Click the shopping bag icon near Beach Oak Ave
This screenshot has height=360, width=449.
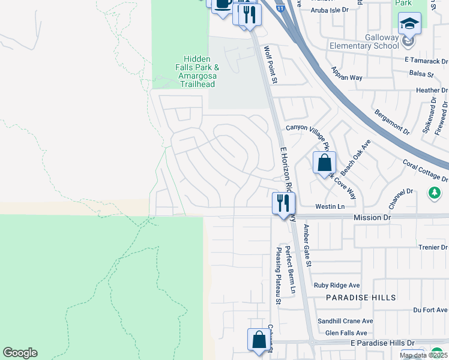click(x=324, y=163)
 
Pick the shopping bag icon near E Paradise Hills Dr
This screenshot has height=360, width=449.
click(x=259, y=340)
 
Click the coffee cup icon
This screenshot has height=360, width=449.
click(x=223, y=3)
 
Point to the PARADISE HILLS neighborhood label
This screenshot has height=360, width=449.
click(x=361, y=298)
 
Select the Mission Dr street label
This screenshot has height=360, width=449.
click(x=372, y=217)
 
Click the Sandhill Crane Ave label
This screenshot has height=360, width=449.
click(x=345, y=321)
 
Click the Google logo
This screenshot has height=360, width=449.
click(x=20, y=353)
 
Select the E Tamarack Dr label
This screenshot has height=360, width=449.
click(x=426, y=61)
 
